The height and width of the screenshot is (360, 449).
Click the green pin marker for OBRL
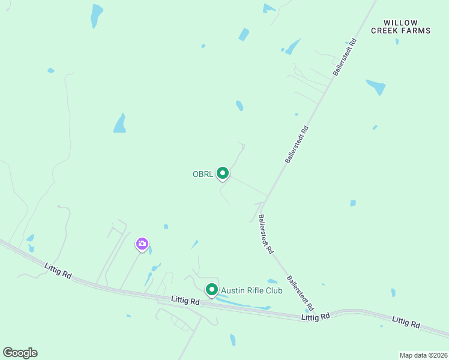click(x=223, y=173)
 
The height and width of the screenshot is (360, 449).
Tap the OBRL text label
click(x=202, y=175)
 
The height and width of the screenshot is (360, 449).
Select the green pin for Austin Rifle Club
click(x=212, y=290)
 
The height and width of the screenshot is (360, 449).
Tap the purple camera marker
click(x=142, y=244)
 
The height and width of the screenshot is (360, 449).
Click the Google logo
click(x=20, y=353)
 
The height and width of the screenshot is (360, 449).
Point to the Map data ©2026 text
click(x=423, y=355)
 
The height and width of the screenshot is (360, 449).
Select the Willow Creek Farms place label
click(x=400, y=26)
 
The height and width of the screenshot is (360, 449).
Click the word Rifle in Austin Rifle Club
click(x=250, y=291)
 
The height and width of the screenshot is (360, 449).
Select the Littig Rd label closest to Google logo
click(x=58, y=270)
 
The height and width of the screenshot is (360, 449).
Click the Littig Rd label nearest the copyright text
click(x=406, y=323)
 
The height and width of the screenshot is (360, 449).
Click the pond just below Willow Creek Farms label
click(x=376, y=87)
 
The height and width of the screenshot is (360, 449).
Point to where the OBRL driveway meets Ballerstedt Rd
click(x=267, y=195)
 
